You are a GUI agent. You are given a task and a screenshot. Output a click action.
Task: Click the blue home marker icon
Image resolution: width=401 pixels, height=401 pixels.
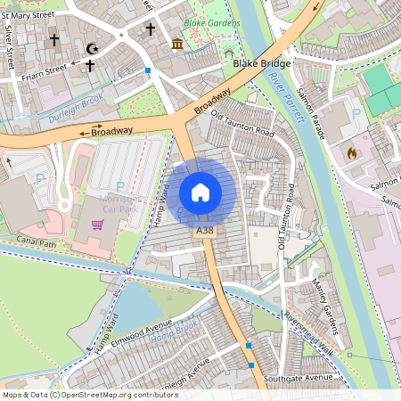point(200,192)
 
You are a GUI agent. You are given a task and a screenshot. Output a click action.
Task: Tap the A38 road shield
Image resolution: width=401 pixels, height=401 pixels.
point(205,231)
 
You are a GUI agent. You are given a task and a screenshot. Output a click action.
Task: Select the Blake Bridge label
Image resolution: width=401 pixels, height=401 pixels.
point(258,64)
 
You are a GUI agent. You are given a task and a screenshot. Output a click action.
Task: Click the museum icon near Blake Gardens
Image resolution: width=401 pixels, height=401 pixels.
point(176,44)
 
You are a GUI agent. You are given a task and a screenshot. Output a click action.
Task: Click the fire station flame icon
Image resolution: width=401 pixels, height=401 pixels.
point(351,152)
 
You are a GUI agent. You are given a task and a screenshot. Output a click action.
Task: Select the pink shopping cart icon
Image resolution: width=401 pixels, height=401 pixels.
point(97,225)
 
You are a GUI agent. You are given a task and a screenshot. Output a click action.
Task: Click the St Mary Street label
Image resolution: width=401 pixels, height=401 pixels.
point(27,15)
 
